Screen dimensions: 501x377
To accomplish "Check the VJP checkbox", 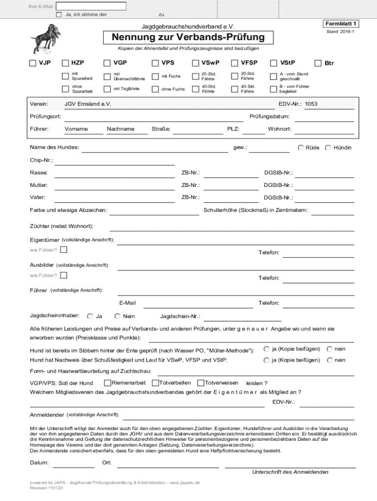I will (x=33, y=63).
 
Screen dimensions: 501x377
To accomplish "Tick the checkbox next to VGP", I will (x=107, y=63).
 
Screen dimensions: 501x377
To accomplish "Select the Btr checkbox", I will (x=318, y=63).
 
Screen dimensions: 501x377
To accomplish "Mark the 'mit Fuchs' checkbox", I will (x=155, y=76).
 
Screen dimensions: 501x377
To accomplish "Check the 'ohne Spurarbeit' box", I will (x=65, y=89).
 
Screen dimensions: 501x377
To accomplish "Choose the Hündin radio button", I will (x=328, y=148).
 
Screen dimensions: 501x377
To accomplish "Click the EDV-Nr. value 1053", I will (x=311, y=104).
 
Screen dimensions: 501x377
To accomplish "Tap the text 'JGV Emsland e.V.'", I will (x=88, y=104).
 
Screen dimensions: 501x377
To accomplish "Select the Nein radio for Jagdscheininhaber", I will (x=118, y=316).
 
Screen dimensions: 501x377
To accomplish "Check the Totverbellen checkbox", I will (x=155, y=383).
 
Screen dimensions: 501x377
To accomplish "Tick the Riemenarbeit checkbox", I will (x=107, y=383).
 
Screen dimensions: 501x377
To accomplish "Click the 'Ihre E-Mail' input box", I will (x=91, y=6).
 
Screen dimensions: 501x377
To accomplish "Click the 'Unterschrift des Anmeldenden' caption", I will (x=290, y=472).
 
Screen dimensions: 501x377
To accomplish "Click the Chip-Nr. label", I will (x=42, y=160).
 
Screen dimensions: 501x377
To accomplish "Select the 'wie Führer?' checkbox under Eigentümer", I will (x=64, y=250).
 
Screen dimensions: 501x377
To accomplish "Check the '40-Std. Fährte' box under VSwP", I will (x=194, y=89).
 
